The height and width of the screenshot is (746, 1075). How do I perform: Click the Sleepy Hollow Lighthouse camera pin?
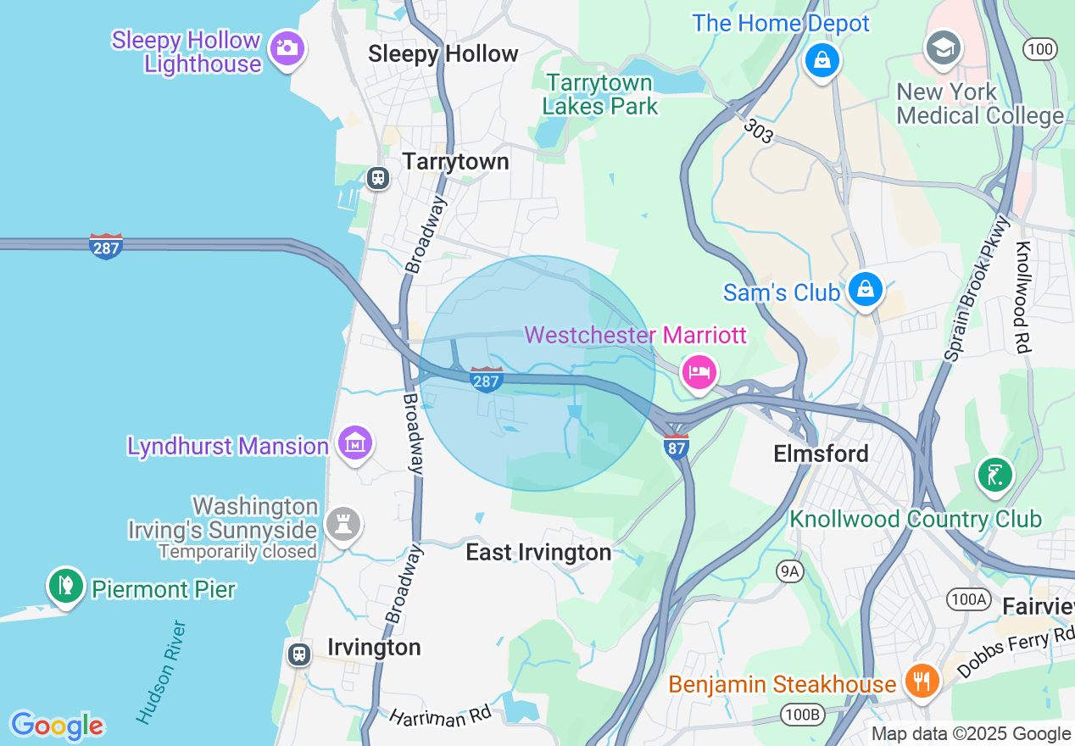pyautogui.click(x=287, y=47)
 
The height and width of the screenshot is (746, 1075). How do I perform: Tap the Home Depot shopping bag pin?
pyautogui.click(x=822, y=61)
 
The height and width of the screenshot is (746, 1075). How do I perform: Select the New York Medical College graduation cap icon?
pyautogui.click(x=942, y=47)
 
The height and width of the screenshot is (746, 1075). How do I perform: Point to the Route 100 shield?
pyautogui.click(x=1039, y=49)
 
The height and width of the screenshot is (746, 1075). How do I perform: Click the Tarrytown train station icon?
pyautogui.click(x=377, y=178)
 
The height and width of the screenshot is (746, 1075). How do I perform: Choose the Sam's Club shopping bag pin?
pyautogui.click(x=865, y=289)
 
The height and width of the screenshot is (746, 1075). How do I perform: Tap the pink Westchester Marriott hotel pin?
pyautogui.click(x=699, y=371)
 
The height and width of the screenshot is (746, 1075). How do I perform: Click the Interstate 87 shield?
pyautogui.click(x=676, y=447)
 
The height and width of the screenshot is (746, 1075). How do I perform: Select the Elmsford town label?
pyautogui.click(x=821, y=454)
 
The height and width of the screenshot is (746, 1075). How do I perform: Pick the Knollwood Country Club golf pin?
pyautogui.click(x=994, y=475)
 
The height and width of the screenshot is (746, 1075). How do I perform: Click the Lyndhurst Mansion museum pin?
pyautogui.click(x=354, y=443)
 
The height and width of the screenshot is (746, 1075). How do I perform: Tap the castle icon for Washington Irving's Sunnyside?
pyautogui.click(x=343, y=524)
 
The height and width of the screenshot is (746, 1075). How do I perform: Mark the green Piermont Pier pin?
pyautogui.click(x=66, y=585)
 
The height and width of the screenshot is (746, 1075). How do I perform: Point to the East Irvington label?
pyautogui.click(x=538, y=553)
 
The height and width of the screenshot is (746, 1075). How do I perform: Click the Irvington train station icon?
pyautogui.click(x=298, y=654)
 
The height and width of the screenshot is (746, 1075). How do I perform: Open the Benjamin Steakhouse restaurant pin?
pyautogui.click(x=920, y=680)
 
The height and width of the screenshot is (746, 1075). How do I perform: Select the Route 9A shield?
pyautogui.click(x=789, y=571)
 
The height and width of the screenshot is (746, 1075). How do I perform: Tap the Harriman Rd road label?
pyautogui.click(x=440, y=717)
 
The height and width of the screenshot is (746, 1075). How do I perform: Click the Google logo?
pyautogui.click(x=57, y=727)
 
